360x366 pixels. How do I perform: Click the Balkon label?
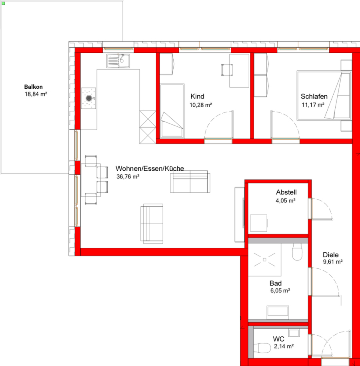(33, 87)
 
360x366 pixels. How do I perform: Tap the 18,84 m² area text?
(36, 94)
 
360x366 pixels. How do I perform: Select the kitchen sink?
(118, 61)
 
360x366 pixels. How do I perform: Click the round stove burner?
(89, 98)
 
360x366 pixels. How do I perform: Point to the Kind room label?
(197, 96)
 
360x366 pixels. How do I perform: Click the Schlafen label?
(314, 96)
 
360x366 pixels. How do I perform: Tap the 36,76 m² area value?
(128, 177)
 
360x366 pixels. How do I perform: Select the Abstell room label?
(286, 192)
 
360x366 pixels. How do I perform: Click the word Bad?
(276, 283)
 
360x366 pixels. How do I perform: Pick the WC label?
(278, 339)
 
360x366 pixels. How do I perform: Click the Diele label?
(330, 255)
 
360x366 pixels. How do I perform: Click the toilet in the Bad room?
(297, 252)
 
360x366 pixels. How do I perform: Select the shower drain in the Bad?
(264, 260)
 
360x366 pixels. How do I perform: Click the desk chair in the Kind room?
(227, 70)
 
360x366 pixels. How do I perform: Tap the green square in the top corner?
(3, 4)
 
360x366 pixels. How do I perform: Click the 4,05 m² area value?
(286, 200)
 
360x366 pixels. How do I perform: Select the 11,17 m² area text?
(313, 105)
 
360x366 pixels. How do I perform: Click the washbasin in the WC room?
(294, 333)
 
